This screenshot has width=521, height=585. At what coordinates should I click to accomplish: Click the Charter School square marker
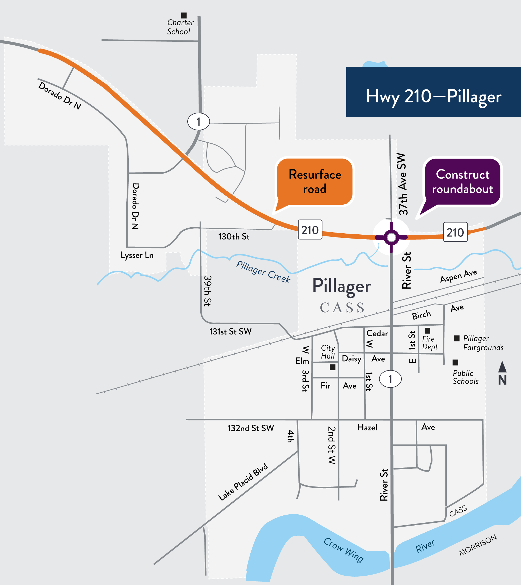pos(184,15)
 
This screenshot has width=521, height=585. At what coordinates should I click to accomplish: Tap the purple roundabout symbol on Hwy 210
pos(391,237)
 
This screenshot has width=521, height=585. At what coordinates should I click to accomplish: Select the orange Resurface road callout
pos(315,182)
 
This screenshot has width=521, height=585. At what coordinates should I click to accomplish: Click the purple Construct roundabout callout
pos(462,182)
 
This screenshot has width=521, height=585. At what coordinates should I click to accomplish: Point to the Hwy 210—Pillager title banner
pos(433,92)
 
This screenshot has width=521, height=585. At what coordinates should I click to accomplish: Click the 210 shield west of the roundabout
pos(310,230)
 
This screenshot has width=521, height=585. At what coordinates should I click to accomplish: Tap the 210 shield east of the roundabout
pos(455,232)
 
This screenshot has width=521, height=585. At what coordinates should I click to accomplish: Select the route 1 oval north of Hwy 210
pos(199,122)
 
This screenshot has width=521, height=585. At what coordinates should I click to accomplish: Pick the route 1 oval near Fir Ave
pos(390,379)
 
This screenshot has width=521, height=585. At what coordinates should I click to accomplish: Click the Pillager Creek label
pos(263,272)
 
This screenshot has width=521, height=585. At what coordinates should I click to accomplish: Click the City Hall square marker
pos(332,367)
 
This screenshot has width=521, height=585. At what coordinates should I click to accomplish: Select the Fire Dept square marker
pos(427,331)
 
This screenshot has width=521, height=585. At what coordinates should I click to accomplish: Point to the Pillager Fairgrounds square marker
pos(457,338)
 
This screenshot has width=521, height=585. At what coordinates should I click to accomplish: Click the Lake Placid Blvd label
pos(243,482)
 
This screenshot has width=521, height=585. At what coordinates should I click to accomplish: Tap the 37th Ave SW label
pos(402,184)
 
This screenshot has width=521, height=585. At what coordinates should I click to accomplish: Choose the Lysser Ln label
pos(137,255)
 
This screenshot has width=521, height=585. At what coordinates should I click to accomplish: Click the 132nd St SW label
pos(251,428)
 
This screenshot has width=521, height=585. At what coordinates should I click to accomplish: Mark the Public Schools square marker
pos(455,363)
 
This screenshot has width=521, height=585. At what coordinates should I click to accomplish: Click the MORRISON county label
pos(478,545)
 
